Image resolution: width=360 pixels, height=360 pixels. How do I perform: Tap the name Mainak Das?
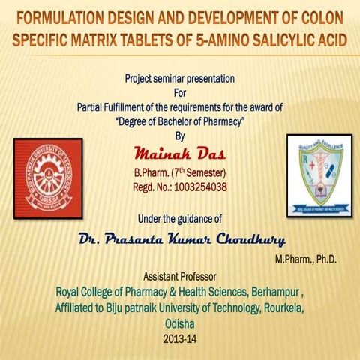pyautogui.click(x=178, y=154)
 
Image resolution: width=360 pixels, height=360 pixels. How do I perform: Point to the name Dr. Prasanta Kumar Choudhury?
pyautogui.click(x=181, y=239)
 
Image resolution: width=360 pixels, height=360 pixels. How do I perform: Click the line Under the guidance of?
pyautogui.click(x=180, y=219)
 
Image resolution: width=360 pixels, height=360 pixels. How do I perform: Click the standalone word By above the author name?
pyautogui.click(x=178, y=136)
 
